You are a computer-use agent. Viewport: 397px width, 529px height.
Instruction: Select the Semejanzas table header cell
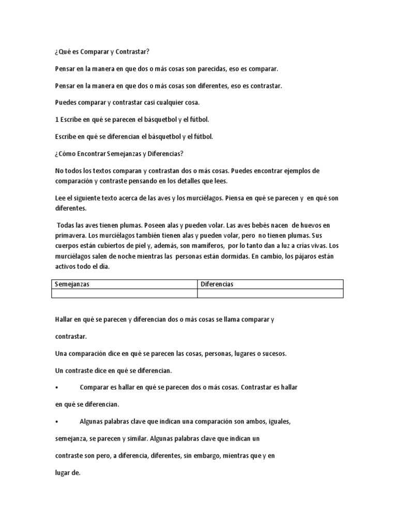tap(125, 284)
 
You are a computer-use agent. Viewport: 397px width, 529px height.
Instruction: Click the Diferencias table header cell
tap(270, 284)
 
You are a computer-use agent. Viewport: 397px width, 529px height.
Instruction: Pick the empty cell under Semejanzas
tap(125, 293)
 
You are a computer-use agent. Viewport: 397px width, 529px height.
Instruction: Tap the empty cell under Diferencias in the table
tap(270, 293)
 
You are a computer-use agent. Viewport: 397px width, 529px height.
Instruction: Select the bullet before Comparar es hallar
tap(56, 387)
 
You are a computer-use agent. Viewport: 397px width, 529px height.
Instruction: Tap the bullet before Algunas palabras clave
tap(56, 421)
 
